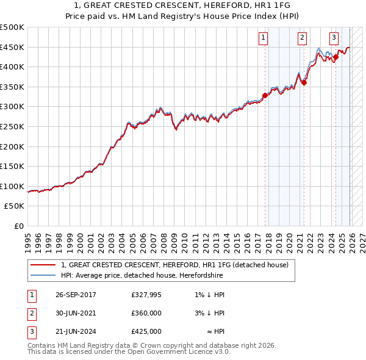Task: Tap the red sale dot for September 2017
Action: click(265, 95)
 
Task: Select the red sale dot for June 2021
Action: click(304, 83)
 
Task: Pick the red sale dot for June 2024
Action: click(335, 57)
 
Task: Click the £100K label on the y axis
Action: click(12, 186)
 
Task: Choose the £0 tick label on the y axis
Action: click(19, 226)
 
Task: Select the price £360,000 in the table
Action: click(146, 313)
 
